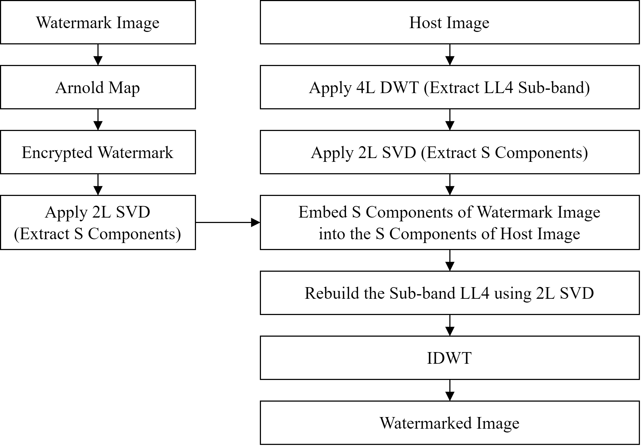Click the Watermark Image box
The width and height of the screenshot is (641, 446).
[98, 22]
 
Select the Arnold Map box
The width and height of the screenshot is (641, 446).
[98, 87]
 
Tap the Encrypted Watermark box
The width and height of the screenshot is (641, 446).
[98, 152]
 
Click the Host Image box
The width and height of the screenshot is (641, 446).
[449, 22]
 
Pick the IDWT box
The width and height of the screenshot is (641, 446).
[449, 358]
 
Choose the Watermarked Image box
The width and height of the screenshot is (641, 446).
[449, 423]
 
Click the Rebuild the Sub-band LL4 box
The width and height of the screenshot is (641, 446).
[449, 293]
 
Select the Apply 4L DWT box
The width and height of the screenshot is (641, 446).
[449, 87]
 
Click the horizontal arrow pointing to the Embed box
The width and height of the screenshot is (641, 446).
[228, 222]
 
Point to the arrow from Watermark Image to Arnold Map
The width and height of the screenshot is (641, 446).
[98, 55]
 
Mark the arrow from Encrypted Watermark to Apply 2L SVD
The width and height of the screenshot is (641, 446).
[98, 185]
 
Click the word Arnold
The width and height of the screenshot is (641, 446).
[80, 88]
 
